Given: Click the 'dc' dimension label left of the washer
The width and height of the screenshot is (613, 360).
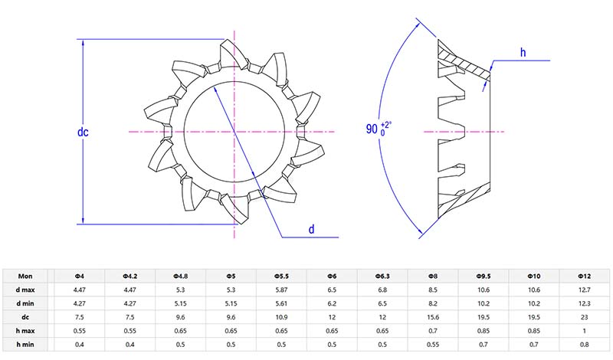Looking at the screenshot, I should [x=84, y=133].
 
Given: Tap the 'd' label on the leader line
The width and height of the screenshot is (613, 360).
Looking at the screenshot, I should [x=311, y=229].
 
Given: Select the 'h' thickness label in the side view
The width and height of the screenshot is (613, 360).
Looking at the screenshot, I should [x=523, y=52].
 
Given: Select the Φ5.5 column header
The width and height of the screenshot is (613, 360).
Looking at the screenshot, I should [x=281, y=276].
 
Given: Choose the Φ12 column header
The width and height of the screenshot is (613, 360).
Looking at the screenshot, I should [x=585, y=276].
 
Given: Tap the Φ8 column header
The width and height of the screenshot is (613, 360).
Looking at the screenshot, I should [x=433, y=276].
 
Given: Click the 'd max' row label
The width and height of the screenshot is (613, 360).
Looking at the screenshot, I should [x=28, y=290].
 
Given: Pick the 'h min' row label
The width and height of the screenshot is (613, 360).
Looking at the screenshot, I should [x=28, y=345].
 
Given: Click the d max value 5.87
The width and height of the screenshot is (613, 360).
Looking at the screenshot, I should [x=281, y=290].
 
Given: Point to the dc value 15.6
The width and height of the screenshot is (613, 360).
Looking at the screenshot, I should [x=433, y=318].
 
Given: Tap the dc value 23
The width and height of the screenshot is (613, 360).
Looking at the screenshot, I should [x=585, y=318].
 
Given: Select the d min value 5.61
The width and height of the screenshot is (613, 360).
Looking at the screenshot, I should [x=281, y=304].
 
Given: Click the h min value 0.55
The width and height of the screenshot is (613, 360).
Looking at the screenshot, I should [x=433, y=345].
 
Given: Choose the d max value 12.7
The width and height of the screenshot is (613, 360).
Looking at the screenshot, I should [x=585, y=290].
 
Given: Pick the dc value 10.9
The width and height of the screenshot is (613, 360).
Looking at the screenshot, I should [x=281, y=318].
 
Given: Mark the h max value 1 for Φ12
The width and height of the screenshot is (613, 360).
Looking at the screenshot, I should [x=585, y=332].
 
